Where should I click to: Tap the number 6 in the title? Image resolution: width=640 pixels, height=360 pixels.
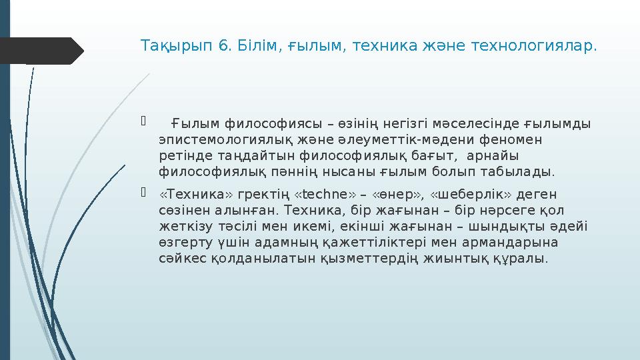tap(224, 47)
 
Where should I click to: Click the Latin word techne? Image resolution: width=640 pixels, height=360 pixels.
tap(325, 194)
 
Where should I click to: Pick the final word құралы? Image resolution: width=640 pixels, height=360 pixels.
tap(523, 258)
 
